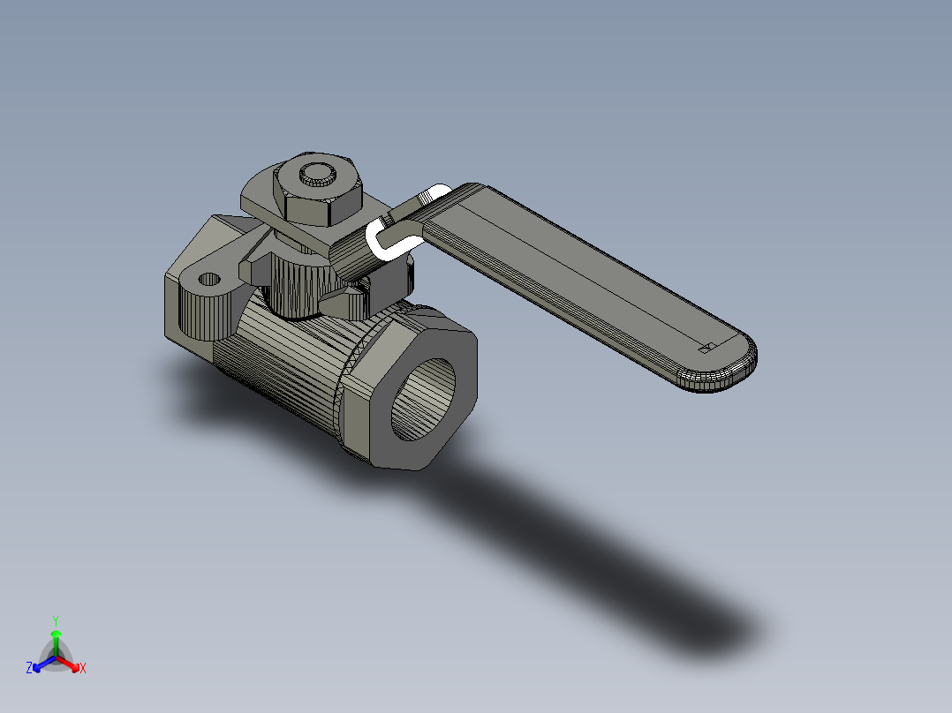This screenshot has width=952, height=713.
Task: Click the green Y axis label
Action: [56, 619]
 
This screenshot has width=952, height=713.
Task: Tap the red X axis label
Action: [83, 669]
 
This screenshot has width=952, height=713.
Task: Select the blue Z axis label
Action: [29, 669]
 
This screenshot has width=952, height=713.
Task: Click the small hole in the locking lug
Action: [210, 280]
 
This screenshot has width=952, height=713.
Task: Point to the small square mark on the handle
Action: [705, 349]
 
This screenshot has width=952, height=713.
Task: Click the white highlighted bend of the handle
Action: [382, 238]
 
